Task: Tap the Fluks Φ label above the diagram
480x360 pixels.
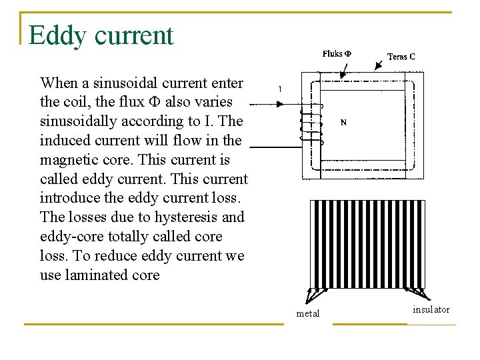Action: (x=337, y=54)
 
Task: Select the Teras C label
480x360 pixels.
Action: (x=401, y=57)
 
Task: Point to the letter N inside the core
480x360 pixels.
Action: (x=343, y=123)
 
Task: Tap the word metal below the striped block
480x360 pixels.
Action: (x=307, y=313)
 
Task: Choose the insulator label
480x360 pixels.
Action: (x=431, y=309)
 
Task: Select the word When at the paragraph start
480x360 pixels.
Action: (x=59, y=83)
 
